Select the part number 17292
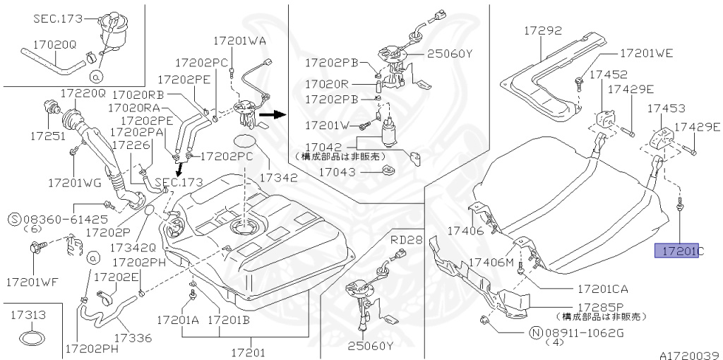click(542, 30)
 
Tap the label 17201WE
click(646, 53)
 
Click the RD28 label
click(406, 239)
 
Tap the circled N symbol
click(536, 332)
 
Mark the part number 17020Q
click(53, 44)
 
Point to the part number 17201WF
click(32, 282)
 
